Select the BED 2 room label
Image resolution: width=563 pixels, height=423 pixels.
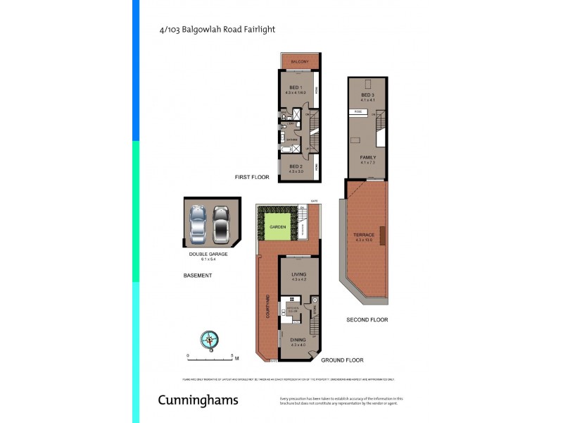point(296,166)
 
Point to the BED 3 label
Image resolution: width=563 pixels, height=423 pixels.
point(367,95)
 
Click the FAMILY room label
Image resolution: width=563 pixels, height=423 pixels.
point(368,157)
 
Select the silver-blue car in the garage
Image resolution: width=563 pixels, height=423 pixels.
point(199,222)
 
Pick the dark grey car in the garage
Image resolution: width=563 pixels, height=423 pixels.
point(222,222)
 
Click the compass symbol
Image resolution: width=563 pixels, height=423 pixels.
point(210,339)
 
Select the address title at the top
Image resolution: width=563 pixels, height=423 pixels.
point(217,30)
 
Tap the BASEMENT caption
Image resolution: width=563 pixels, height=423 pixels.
point(198,276)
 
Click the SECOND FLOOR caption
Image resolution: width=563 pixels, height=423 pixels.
point(367,319)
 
